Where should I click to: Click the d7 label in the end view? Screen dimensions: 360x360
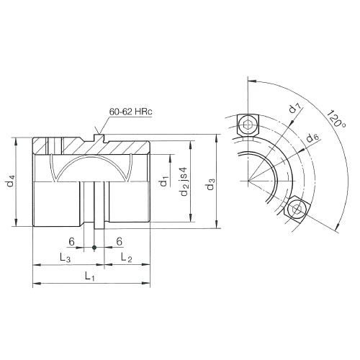294,110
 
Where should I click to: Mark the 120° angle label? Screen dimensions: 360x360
333,120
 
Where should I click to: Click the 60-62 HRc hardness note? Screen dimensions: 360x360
133,113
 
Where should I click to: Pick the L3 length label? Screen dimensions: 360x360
64,257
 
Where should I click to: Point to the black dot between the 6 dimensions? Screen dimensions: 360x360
94,249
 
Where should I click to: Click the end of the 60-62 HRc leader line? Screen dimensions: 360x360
102,133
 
